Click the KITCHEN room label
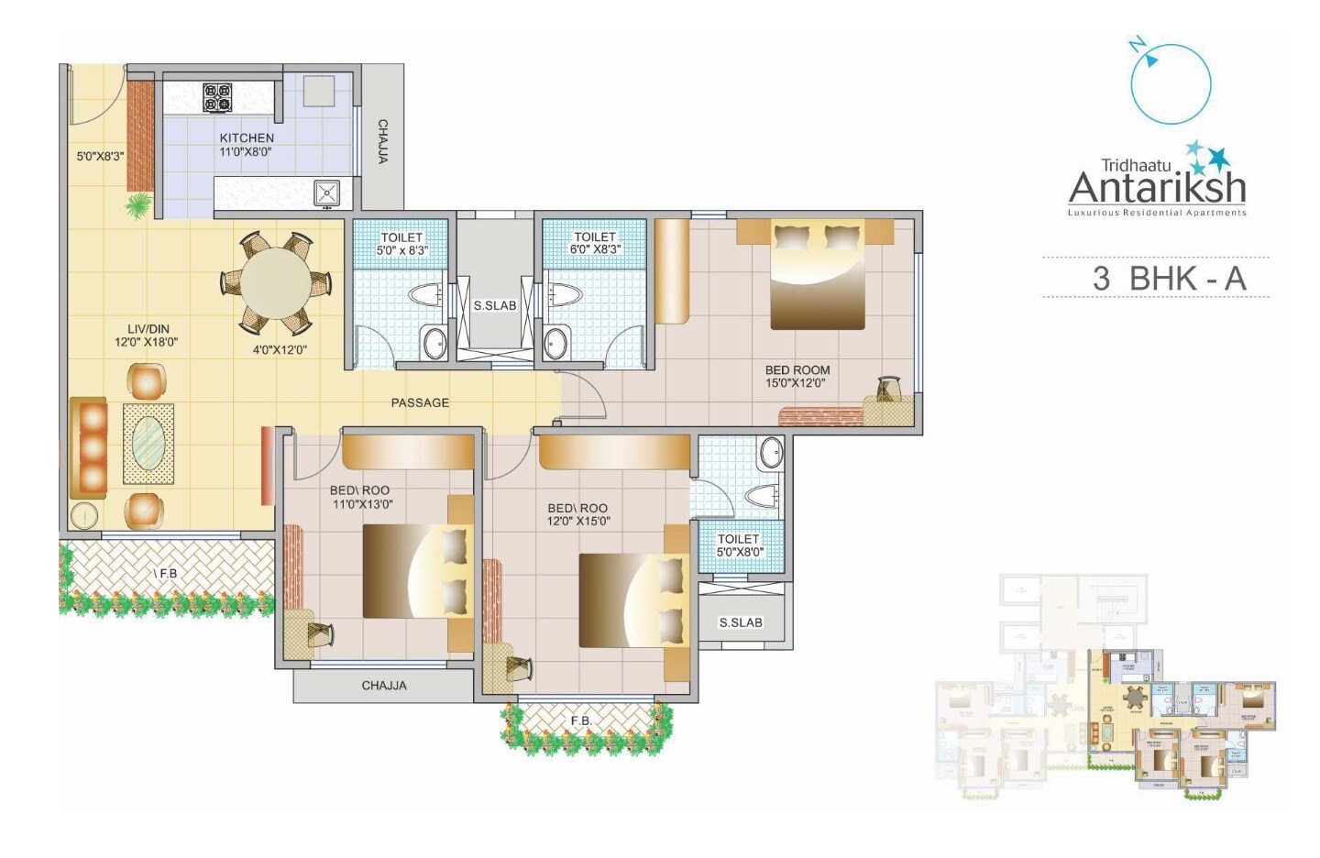[246, 138]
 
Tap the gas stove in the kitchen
[218, 97]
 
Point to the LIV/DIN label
[148, 329]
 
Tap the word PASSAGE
[420, 402]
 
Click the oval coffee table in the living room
[148, 443]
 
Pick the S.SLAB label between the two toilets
[495, 305]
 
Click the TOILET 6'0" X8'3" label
[595, 243]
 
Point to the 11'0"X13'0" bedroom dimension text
[361, 503]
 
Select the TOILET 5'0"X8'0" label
[738, 545]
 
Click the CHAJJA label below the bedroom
[383, 686]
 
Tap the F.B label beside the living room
[167, 573]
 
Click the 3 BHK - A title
[1169, 278]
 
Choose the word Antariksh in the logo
[1157, 188]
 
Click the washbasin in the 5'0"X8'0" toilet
[772, 453]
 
